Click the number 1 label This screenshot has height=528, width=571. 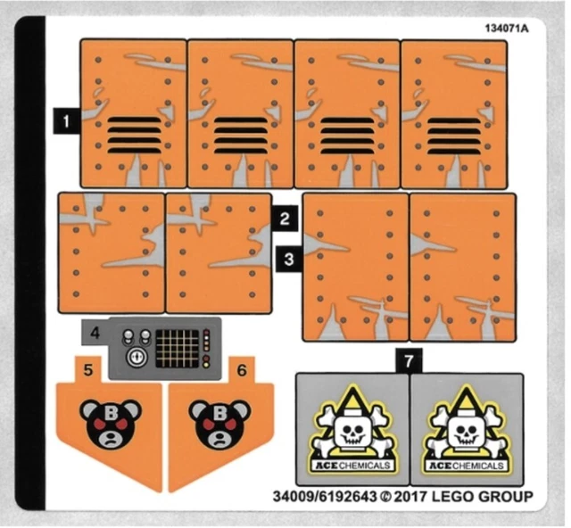coord(65,117)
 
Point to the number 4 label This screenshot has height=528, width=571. coord(95,335)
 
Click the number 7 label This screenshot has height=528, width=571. coord(407,362)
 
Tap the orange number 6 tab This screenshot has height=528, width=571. coord(242,367)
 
